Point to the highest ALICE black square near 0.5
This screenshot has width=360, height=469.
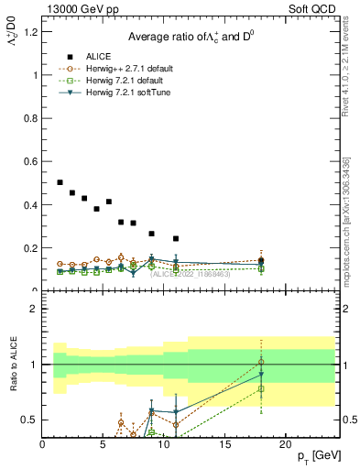pos(60,182)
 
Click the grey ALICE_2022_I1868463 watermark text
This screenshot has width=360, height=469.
pos(190,274)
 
